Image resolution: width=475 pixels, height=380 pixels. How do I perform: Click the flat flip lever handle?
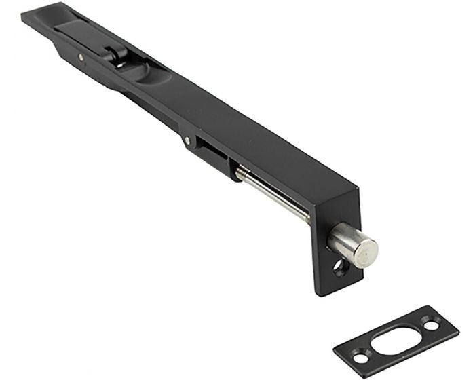(81, 34)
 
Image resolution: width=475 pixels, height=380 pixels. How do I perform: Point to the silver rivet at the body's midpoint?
(187, 140)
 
